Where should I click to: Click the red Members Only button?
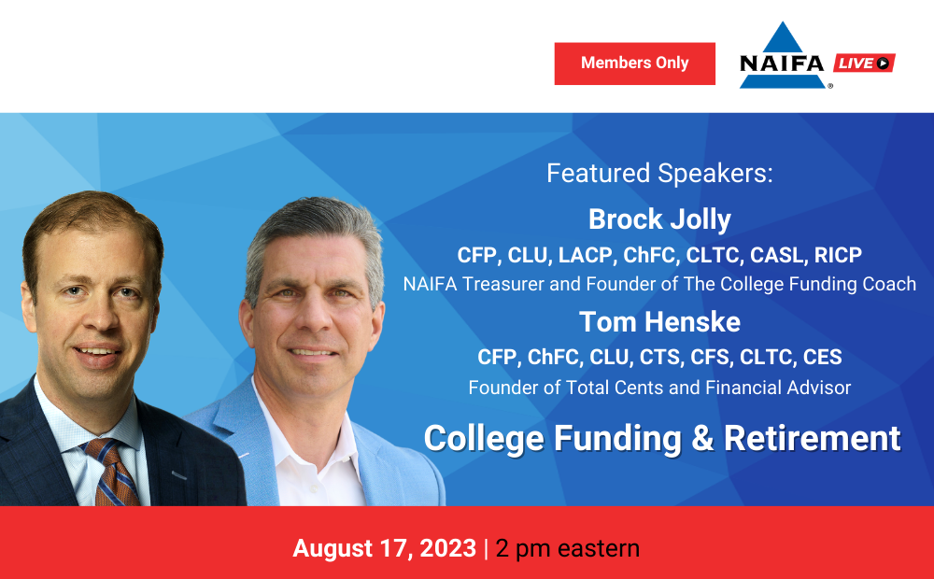pyautogui.click(x=634, y=64)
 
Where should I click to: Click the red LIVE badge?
pyautogui.click(x=864, y=63)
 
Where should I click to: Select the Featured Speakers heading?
pyautogui.click(x=659, y=174)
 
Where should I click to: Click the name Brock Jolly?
pyautogui.click(x=659, y=219)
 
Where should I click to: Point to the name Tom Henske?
pyautogui.click(x=659, y=321)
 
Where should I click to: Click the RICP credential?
pyautogui.click(x=838, y=255)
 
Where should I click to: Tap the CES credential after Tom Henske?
pyautogui.click(x=822, y=357)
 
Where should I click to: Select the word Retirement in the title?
pyautogui.click(x=812, y=438)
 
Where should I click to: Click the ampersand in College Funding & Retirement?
pyautogui.click(x=702, y=438)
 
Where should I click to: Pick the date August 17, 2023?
pyautogui.click(x=384, y=548)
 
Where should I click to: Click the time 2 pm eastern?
pyautogui.click(x=567, y=548)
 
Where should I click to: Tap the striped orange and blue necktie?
pyautogui.click(x=113, y=473)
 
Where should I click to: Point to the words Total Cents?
pyautogui.click(x=615, y=388)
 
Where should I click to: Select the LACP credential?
pyautogui.click(x=586, y=255)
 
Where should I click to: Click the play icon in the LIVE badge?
pyautogui.click(x=883, y=63)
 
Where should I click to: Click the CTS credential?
pyautogui.click(x=659, y=357)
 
